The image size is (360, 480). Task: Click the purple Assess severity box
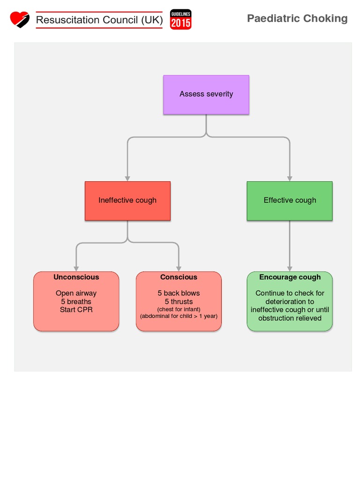click(x=206, y=94)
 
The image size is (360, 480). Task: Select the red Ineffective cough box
click(x=127, y=201)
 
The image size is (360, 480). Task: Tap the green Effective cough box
click(x=290, y=201)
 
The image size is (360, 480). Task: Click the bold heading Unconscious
click(x=76, y=277)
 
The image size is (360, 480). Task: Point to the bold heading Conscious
click(x=179, y=277)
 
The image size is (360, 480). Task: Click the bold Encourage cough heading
click(x=290, y=277)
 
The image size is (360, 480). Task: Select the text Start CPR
click(x=76, y=310)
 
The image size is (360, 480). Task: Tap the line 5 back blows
click(x=179, y=293)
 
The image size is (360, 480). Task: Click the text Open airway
click(x=76, y=293)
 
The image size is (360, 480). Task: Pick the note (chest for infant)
click(x=179, y=309)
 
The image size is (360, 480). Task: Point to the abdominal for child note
click(x=179, y=316)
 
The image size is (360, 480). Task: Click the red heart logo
click(x=20, y=19)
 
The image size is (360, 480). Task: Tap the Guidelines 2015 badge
click(x=180, y=20)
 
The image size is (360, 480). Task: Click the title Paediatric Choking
click(x=297, y=19)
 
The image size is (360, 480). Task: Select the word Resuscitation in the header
click(x=67, y=20)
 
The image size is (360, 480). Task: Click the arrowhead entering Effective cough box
click(x=290, y=179)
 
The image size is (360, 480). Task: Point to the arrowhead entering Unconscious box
click(x=76, y=269)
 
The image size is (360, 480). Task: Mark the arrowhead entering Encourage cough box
click(x=290, y=269)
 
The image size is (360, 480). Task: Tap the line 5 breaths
click(x=76, y=301)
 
